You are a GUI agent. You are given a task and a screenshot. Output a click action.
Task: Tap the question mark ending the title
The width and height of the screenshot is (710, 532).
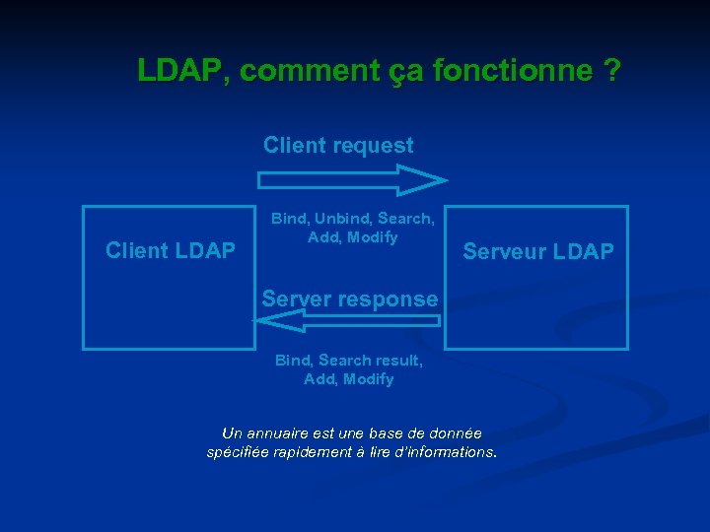[612, 71]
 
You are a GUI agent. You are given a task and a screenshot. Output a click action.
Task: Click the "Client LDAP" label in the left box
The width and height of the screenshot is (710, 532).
[170, 251]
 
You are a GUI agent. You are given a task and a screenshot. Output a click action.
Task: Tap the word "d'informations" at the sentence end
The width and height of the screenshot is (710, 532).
[449, 452]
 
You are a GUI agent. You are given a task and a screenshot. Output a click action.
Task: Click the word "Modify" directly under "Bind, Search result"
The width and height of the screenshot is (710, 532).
[370, 379]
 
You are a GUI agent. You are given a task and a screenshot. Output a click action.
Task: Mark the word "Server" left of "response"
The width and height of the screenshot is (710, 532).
[294, 299]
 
